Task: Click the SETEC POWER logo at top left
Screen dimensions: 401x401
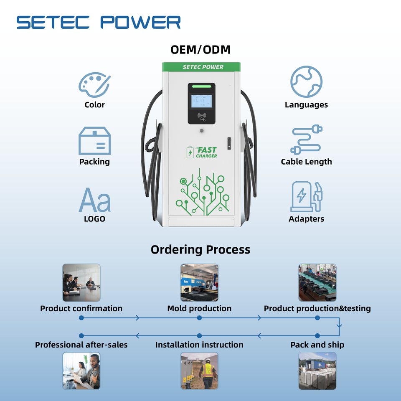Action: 99,22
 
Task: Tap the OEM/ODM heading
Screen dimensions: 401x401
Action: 200,50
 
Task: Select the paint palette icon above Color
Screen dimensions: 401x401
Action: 94,85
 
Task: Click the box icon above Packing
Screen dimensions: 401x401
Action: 94,141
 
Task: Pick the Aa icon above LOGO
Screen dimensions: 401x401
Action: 94,200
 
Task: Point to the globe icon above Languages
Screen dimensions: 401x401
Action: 306,82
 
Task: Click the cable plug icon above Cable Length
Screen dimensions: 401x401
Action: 306,140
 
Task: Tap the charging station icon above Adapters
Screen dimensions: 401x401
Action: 306,197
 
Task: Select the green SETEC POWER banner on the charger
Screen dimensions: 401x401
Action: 202,67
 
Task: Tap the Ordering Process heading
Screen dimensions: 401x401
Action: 200,250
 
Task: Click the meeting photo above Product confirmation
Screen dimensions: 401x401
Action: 81,282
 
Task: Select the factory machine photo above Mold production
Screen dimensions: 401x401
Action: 199,282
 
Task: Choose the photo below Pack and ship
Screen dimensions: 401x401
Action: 317,371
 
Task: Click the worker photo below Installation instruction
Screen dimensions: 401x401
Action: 199,371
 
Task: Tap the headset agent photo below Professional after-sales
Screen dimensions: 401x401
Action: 81,371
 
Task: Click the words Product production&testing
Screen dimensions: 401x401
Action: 317,309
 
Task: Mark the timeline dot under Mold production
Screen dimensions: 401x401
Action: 199,318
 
